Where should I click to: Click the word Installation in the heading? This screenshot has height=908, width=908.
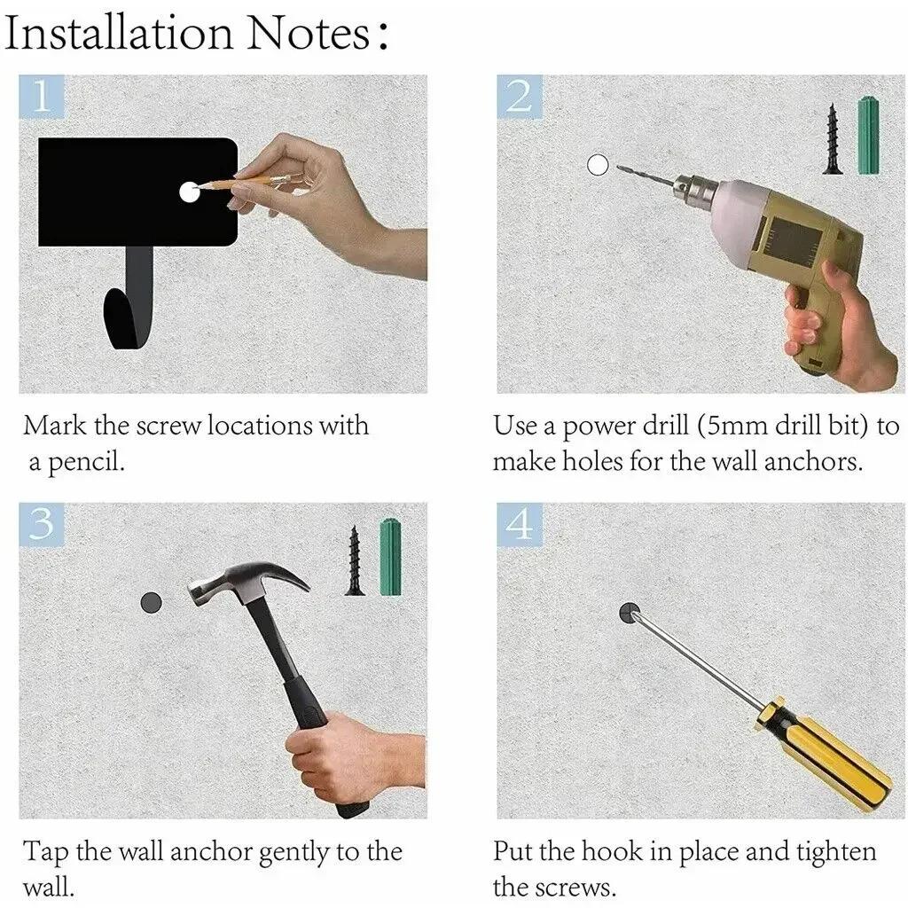click(119, 33)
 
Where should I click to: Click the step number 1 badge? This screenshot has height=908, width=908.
click(41, 96)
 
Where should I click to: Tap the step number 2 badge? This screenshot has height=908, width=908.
click(520, 96)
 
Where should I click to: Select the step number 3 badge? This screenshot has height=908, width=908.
click(41, 524)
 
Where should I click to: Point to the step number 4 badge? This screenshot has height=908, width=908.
click(520, 524)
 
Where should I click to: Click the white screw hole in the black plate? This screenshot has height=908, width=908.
click(189, 192)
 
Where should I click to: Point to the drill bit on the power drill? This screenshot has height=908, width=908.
click(645, 176)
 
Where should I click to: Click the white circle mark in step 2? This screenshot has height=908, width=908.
click(598, 165)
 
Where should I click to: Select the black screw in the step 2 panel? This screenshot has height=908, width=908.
click(833, 139)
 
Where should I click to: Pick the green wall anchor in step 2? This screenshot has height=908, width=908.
click(869, 136)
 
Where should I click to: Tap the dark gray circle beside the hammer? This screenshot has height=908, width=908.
click(151, 603)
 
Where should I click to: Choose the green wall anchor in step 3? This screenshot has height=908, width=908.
click(390, 558)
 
